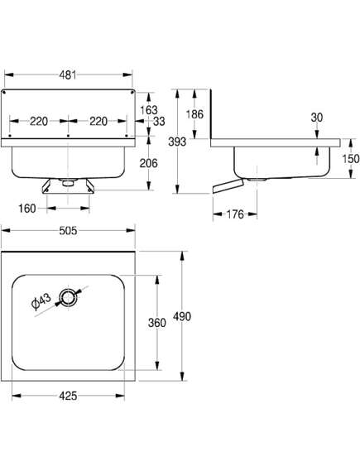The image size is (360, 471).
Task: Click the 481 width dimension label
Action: [x=68, y=74]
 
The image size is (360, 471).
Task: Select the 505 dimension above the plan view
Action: [x=68, y=230]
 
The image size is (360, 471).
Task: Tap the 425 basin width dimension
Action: [x=68, y=396]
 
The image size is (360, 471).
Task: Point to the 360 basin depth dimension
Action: [x=156, y=323]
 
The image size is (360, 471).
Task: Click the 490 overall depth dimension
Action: [x=182, y=316]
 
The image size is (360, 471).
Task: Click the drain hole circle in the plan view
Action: [x=69, y=298]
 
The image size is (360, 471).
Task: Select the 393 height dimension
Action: [x=177, y=142]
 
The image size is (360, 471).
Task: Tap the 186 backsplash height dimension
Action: [x=194, y=114]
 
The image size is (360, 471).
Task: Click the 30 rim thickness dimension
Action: [x=317, y=118]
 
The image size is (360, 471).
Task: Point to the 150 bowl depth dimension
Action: [x=350, y=159]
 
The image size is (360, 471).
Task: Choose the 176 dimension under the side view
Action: [x=235, y=214]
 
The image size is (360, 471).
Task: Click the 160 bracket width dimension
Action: [x=27, y=208]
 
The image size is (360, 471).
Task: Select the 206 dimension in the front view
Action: [x=148, y=163]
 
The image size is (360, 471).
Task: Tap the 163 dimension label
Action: [x=149, y=110]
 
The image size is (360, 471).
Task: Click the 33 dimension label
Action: [x=159, y=121]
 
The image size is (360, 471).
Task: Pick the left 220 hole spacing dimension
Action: [x=39, y=121]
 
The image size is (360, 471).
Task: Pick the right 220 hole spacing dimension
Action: [x=98, y=121]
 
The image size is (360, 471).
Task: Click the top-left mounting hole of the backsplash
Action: [x=4, y=93]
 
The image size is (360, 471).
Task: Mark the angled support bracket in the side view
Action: [x=228, y=186]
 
